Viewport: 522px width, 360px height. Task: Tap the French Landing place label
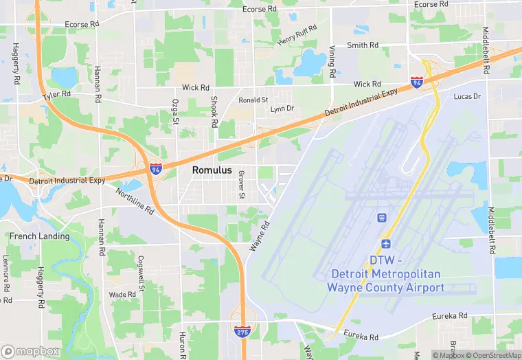[39, 236]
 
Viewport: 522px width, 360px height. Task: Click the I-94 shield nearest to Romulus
[156, 167]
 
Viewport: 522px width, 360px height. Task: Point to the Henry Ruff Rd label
[297, 36]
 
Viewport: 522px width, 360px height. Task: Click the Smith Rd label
[363, 45]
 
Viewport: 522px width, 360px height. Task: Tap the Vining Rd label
[332, 63]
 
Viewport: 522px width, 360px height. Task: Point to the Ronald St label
[253, 100]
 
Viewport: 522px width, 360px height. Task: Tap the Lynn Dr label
[282, 109]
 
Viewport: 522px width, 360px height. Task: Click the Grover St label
[241, 185]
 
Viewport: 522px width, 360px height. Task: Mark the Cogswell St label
[141, 272]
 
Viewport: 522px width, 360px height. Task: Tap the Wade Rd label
[123, 294]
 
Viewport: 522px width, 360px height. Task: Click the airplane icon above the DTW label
[385, 243]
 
